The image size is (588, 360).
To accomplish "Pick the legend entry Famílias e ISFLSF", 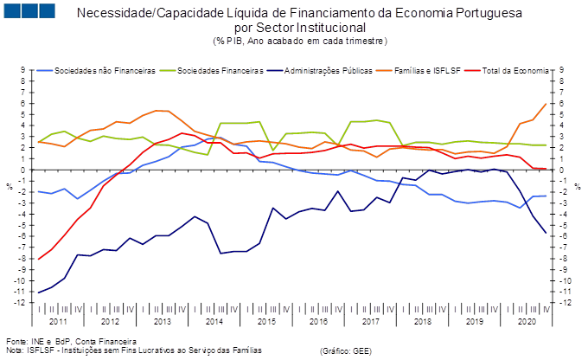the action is click(x=427, y=71).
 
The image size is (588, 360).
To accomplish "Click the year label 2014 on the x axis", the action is click(x=214, y=322).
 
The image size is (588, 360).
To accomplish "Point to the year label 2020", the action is click(x=527, y=322).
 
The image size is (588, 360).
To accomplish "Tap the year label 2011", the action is click(x=58, y=322).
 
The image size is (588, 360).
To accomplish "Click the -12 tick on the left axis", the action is click(x=20, y=303).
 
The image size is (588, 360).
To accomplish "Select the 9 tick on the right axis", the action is click(x=561, y=70).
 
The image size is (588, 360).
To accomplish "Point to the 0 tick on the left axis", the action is click(x=22, y=170).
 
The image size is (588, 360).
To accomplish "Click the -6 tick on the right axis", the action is click(x=564, y=236).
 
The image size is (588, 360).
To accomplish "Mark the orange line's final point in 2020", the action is click(x=546, y=104).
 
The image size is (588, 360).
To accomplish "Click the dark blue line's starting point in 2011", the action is click(x=39, y=292).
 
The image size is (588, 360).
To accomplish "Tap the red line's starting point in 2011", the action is click(x=39, y=259).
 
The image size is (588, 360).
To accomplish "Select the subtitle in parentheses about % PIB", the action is click(x=300, y=41).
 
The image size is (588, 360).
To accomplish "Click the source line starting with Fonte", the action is click(x=71, y=342).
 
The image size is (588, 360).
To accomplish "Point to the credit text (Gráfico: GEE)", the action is click(x=346, y=351).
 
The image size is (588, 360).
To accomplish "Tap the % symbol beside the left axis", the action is click(x=10, y=187).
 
